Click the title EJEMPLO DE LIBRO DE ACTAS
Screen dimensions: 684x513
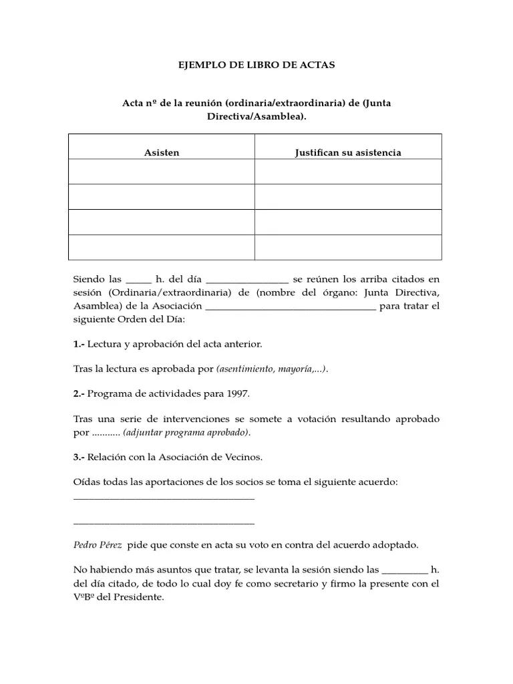(256, 65)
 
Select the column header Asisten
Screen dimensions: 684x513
(162, 153)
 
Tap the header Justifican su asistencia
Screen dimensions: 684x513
(348, 153)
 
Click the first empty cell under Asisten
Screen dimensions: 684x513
(162, 172)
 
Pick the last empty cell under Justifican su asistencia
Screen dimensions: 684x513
(348, 247)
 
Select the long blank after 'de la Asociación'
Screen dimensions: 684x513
(291, 308)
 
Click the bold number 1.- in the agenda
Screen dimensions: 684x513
(79, 344)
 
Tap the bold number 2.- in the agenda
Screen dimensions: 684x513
(79, 394)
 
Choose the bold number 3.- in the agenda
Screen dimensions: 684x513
(79, 457)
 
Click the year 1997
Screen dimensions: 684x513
(238, 394)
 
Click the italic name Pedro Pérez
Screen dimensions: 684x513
(98, 544)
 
